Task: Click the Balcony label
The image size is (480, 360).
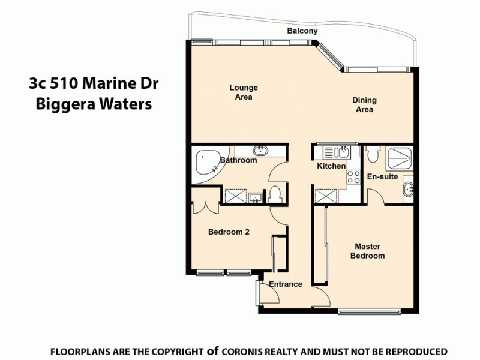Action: pos(302,31)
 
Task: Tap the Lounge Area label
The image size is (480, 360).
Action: pos(244,92)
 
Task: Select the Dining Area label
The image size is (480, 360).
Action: pos(364,105)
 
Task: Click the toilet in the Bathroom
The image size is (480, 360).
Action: pos(276,195)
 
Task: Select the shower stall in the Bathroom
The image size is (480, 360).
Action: pos(234,196)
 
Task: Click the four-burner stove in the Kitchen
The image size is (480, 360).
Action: pos(353,177)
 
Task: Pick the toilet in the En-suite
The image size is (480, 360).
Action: pos(372,155)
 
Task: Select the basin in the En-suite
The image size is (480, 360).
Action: pos(409,190)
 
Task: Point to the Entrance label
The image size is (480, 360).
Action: pos(285,284)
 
